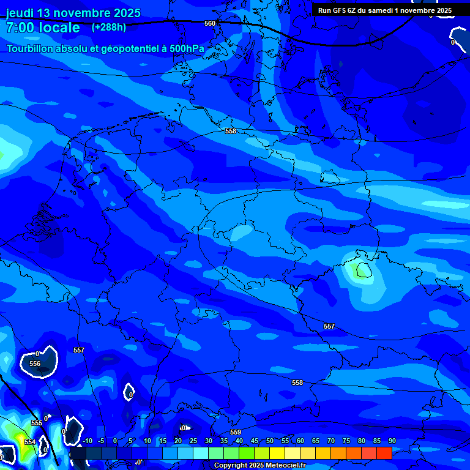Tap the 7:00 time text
pos(23,28)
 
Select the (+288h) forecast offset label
pos(109,27)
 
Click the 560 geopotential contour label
pos(210,23)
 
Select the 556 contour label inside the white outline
pos(35,364)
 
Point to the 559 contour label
pos(236,433)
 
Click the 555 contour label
pos(37,423)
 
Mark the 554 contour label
pos(30,442)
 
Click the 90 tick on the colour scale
pos(392,441)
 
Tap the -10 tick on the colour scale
pos(87,441)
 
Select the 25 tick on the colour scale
pos(193,441)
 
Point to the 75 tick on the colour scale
pos(346,441)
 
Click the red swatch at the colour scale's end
pos(384,453)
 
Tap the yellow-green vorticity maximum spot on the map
pos(361,269)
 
